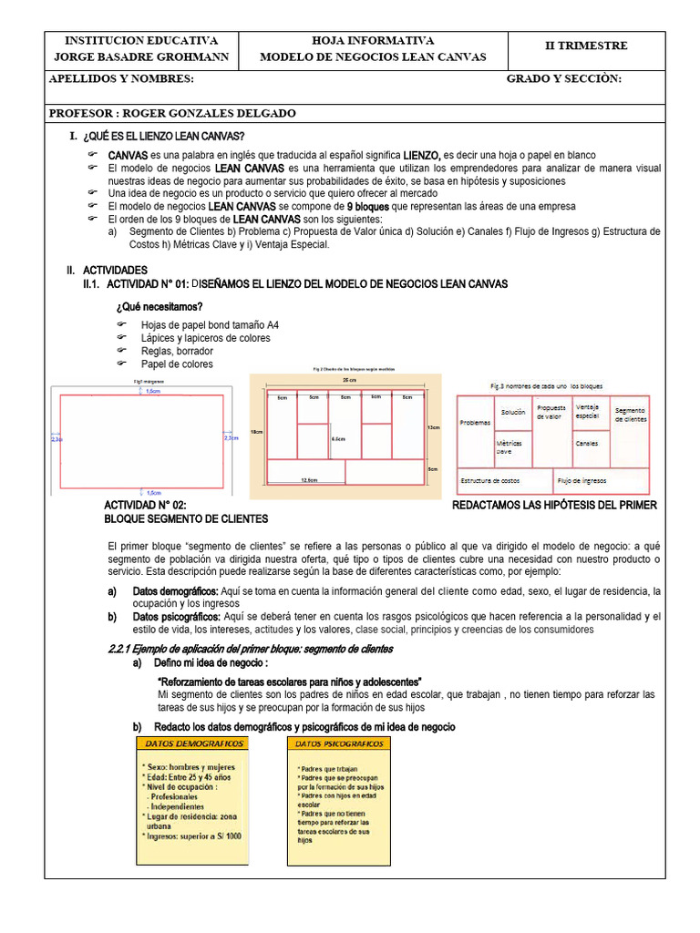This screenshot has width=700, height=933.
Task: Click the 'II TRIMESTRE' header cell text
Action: point(585,46)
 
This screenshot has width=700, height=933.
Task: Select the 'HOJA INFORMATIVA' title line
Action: point(373,40)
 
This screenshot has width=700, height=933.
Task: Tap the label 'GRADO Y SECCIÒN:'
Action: point(563,79)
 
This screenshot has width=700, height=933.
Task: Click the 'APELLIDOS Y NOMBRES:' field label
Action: point(120,79)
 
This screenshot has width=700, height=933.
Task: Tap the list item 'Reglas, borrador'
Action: point(177,351)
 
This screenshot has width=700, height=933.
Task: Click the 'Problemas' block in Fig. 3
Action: point(475,423)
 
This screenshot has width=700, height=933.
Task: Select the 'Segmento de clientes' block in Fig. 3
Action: point(630,415)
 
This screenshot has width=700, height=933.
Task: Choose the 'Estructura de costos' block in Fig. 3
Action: point(489,480)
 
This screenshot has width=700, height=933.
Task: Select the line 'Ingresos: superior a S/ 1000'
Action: point(191,835)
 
